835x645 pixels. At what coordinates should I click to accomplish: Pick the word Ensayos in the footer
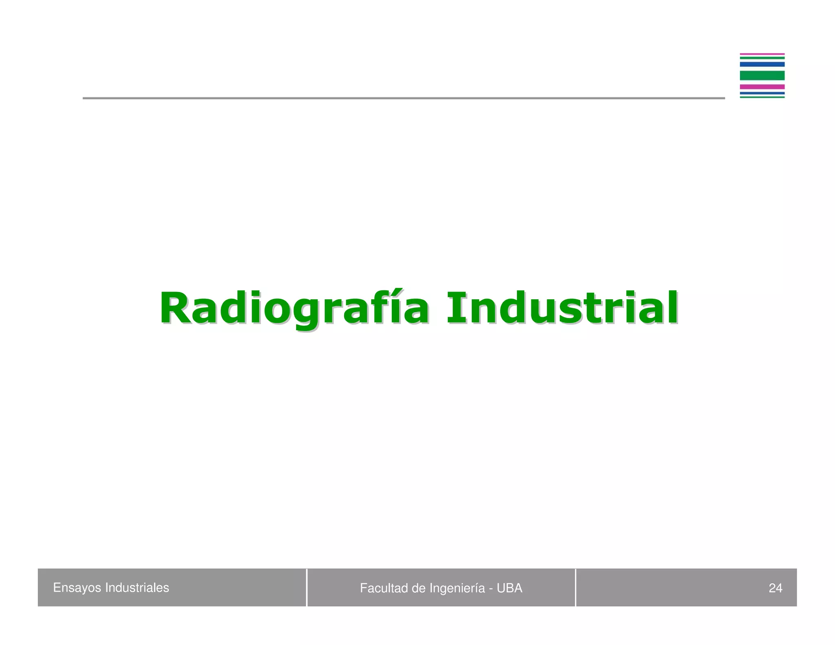click(77, 588)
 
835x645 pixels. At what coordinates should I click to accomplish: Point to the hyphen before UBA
click(491, 589)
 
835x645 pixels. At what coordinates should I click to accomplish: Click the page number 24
click(775, 588)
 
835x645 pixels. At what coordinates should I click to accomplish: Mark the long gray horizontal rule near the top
click(404, 98)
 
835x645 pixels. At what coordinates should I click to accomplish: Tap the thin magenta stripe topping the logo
click(762, 54)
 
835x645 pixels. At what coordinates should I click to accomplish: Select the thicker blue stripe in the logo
click(762, 64)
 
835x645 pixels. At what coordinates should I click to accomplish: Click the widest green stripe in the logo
click(762, 75)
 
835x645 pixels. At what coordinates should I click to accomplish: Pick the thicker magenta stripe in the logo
click(762, 87)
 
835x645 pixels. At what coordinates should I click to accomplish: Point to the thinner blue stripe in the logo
click(762, 93)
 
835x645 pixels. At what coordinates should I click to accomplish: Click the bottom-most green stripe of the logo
click(762, 97)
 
